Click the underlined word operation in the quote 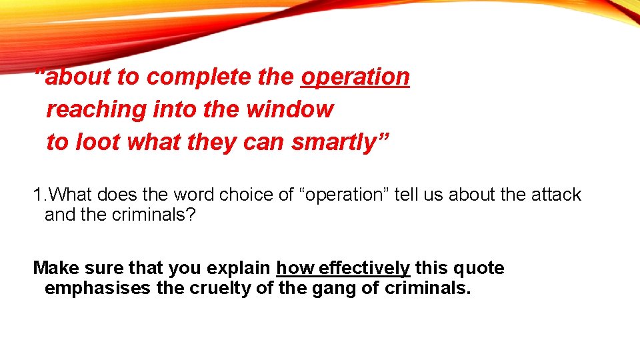point(355,77)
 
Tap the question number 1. point(38,195)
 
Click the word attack point(556,195)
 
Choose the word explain point(245,268)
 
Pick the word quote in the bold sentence point(480,268)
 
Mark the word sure point(106,268)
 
